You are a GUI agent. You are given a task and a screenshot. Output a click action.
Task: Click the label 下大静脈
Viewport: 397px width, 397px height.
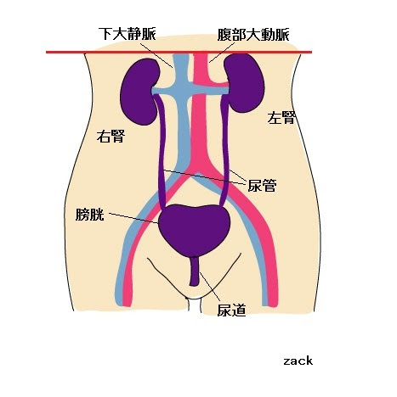pos(128,34)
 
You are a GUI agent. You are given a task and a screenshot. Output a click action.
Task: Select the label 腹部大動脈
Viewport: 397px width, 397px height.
pos(253,35)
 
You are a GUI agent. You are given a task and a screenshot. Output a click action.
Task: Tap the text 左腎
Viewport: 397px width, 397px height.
pos(281,118)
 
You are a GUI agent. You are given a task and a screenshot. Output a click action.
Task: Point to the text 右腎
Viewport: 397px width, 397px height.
pos(111,137)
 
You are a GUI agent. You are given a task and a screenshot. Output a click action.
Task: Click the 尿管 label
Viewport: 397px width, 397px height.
pos(262,186)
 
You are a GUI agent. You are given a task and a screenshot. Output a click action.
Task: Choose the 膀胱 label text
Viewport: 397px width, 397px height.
pos(90,215)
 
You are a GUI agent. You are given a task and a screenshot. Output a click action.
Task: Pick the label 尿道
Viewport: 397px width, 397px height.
pos(231,310)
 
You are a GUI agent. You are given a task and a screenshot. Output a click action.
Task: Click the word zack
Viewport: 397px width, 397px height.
pos(298,361)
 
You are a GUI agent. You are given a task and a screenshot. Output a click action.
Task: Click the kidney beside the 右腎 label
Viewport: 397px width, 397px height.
pos(140,92)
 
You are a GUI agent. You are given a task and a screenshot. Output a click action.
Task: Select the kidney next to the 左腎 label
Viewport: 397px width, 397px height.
pos(244,83)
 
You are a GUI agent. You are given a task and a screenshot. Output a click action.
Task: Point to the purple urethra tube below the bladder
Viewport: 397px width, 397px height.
pos(195,271)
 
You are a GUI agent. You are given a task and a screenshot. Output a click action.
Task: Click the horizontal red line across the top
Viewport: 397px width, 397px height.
pos(179,52)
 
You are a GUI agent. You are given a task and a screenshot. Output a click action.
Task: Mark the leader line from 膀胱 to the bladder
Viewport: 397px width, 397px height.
pos(133,218)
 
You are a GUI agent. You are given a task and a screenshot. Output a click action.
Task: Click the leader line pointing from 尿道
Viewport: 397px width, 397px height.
pos(210,287)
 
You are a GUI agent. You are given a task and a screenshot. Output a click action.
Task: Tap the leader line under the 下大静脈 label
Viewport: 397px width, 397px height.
pos(156,55)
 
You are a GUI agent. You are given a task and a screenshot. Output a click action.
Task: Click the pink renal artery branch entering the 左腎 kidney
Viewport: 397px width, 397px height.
pos(214,84)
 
